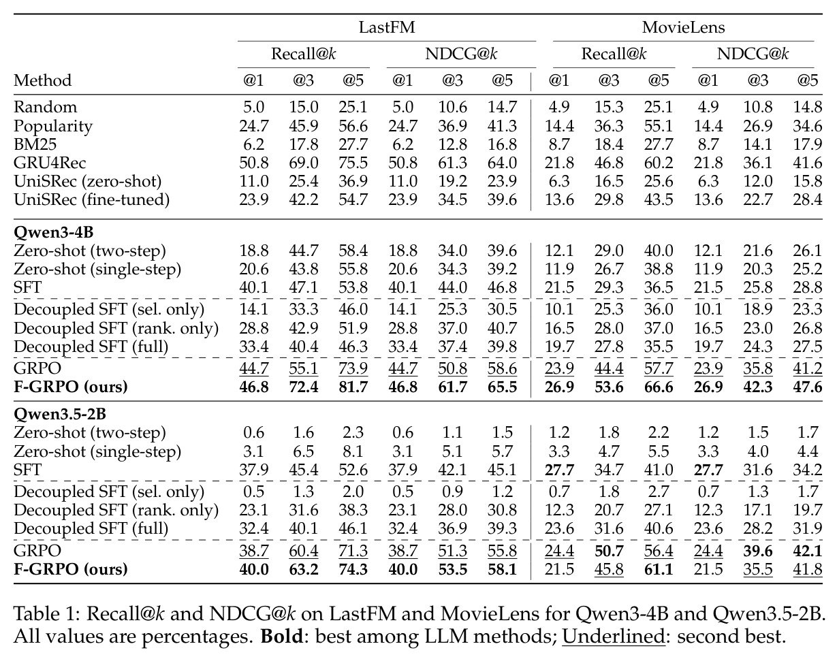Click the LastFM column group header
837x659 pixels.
pos(387,27)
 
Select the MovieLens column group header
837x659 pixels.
pos(683,27)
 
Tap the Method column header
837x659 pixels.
pos(42,80)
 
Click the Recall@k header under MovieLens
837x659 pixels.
pos(614,54)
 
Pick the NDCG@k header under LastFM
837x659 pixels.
pos(461,54)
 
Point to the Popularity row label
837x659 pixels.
pos(53,126)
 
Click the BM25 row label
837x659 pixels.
pos(35,144)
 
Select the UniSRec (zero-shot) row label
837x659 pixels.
pos(87,181)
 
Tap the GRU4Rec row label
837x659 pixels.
pos(50,163)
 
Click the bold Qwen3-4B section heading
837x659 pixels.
pos(53,232)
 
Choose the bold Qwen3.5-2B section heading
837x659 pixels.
pos(60,414)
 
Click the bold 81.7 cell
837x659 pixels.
pos(353,387)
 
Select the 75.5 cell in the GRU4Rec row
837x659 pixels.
pos(353,163)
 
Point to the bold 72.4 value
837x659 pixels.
pos(303,387)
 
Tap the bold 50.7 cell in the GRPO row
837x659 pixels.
pos(609,551)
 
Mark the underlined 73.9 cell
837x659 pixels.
pos(353,368)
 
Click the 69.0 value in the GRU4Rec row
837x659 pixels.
pos(303,163)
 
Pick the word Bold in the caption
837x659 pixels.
pos(281,637)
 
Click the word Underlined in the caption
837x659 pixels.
pos(614,637)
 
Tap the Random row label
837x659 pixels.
pos(45,107)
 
